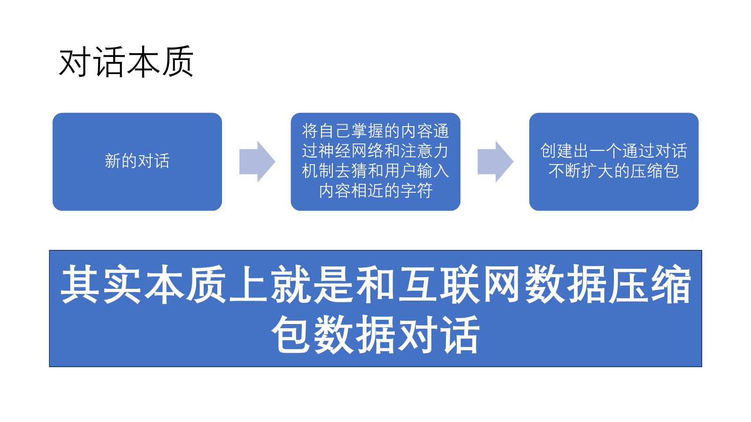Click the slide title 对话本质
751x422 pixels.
coord(126,62)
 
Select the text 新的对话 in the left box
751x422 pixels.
coord(137,161)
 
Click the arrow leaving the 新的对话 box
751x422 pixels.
coord(257,162)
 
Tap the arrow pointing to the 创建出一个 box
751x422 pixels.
coord(495,162)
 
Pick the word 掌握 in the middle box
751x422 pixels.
coord(375,131)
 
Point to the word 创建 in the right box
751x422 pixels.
coord(556,151)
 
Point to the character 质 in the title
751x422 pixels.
coord(177,62)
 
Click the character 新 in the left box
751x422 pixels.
coord(113,161)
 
